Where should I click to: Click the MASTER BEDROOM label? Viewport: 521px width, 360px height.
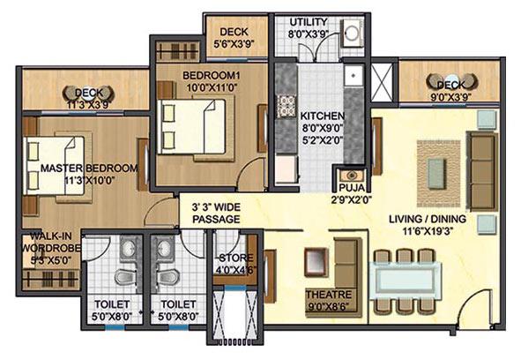pos(84,168)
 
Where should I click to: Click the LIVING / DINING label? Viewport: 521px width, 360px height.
pos(427,218)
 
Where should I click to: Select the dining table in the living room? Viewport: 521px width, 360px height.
pos(405,281)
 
